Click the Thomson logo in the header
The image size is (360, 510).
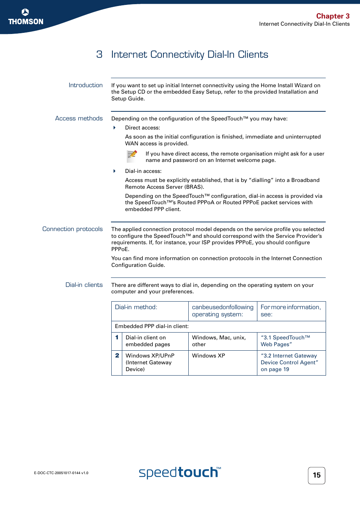[x=26, y=17]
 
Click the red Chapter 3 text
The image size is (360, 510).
[x=332, y=16]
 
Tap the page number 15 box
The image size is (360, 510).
[x=316, y=475]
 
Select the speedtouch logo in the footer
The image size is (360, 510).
[x=180, y=473]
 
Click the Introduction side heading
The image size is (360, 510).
[x=85, y=85]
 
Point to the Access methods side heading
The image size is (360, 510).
[x=78, y=119]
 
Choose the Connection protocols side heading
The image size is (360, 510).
[x=72, y=229]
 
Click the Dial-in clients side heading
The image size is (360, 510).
[x=84, y=285]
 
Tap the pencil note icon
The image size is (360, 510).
[x=132, y=156]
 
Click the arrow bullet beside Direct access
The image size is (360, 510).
[x=114, y=128]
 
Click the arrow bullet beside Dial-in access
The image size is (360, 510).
[x=114, y=171]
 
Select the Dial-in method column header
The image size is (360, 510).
[x=136, y=307]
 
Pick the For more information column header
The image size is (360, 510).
[x=291, y=311]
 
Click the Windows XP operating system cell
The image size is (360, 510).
[x=208, y=356]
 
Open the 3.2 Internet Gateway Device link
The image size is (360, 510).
[x=289, y=362]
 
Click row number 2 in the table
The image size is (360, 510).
[x=117, y=356]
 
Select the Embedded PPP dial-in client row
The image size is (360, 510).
[x=152, y=327]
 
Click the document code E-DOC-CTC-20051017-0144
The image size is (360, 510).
[x=61, y=473]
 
